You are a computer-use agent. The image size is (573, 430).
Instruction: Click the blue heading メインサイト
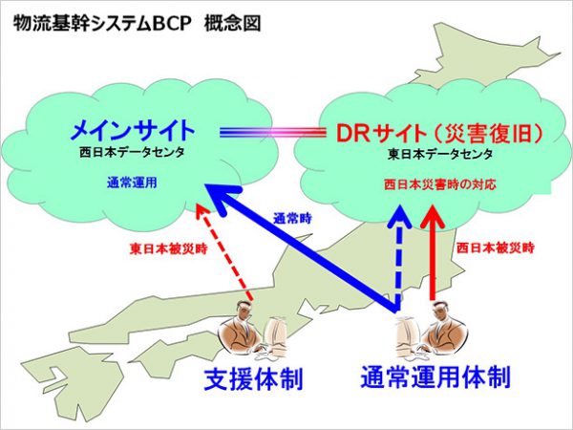coord(133,129)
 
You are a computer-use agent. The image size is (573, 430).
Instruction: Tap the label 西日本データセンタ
coord(133,152)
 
